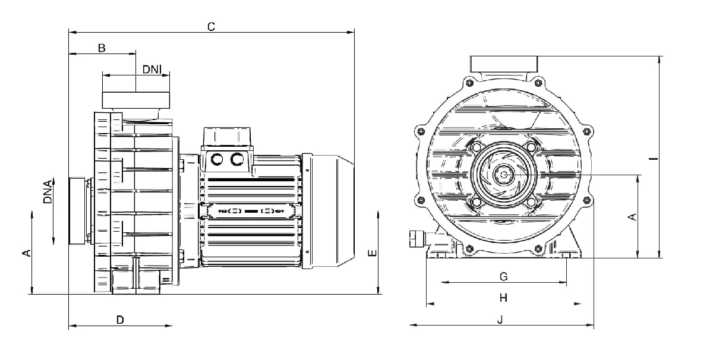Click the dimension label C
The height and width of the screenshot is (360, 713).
[x=211, y=27]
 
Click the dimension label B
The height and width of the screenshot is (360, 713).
[x=102, y=48]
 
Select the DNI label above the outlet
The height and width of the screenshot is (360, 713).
[x=152, y=70]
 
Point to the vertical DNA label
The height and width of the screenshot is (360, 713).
[x=48, y=192]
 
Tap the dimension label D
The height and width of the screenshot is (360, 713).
[x=120, y=320]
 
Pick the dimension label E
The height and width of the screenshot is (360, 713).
[x=373, y=253]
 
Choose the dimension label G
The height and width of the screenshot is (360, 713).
[x=504, y=277]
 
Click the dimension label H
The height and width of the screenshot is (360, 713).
[x=503, y=298]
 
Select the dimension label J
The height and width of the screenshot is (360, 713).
[x=500, y=319]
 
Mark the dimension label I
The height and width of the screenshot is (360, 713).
[x=653, y=158]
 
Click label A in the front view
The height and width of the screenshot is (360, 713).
[x=632, y=217]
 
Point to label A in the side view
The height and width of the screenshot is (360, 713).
[x=27, y=253]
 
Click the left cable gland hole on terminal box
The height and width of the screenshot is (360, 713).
[x=216, y=159]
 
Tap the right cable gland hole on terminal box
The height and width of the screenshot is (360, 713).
[x=237, y=159]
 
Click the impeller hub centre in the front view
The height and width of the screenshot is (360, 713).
[x=504, y=175]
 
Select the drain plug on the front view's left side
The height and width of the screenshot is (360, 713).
[x=418, y=239]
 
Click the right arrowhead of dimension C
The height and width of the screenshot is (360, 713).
[x=351, y=32]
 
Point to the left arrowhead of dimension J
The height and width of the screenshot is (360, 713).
[x=413, y=325]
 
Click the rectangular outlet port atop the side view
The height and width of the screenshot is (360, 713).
[x=136, y=100]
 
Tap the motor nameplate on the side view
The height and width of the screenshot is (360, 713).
[x=251, y=211]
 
